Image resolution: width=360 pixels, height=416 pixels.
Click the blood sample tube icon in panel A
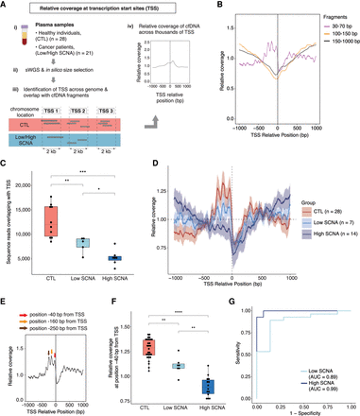(15, 35)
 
